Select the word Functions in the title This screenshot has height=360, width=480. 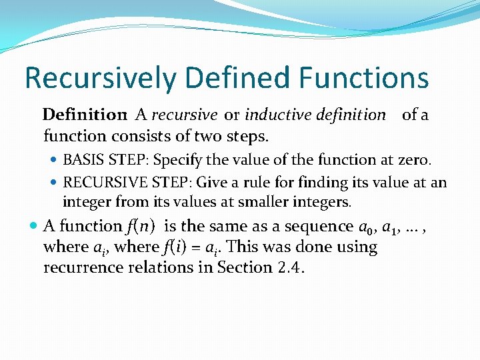364,78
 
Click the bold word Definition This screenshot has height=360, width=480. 85,115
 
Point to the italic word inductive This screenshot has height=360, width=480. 273,115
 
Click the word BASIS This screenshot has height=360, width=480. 82,160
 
